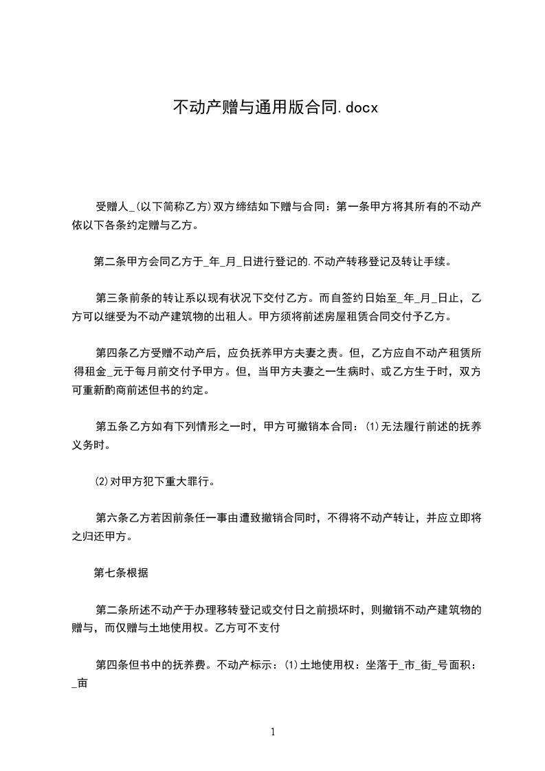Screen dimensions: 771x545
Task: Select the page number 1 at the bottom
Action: point(273,732)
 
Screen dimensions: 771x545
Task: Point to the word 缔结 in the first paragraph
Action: point(249,205)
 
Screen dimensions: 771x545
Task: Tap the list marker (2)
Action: point(102,482)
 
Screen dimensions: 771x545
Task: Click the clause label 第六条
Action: point(112,519)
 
